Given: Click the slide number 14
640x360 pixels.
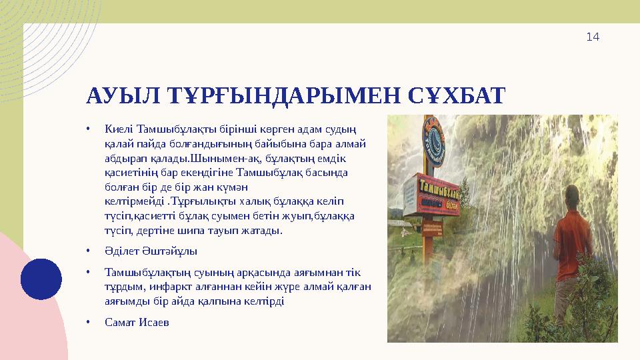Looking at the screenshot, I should pos(593,37).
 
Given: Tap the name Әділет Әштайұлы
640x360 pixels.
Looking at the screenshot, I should pos(151,251).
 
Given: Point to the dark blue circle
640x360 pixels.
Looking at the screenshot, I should pos(41,279).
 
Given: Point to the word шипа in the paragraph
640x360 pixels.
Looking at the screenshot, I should pos(201,231).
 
